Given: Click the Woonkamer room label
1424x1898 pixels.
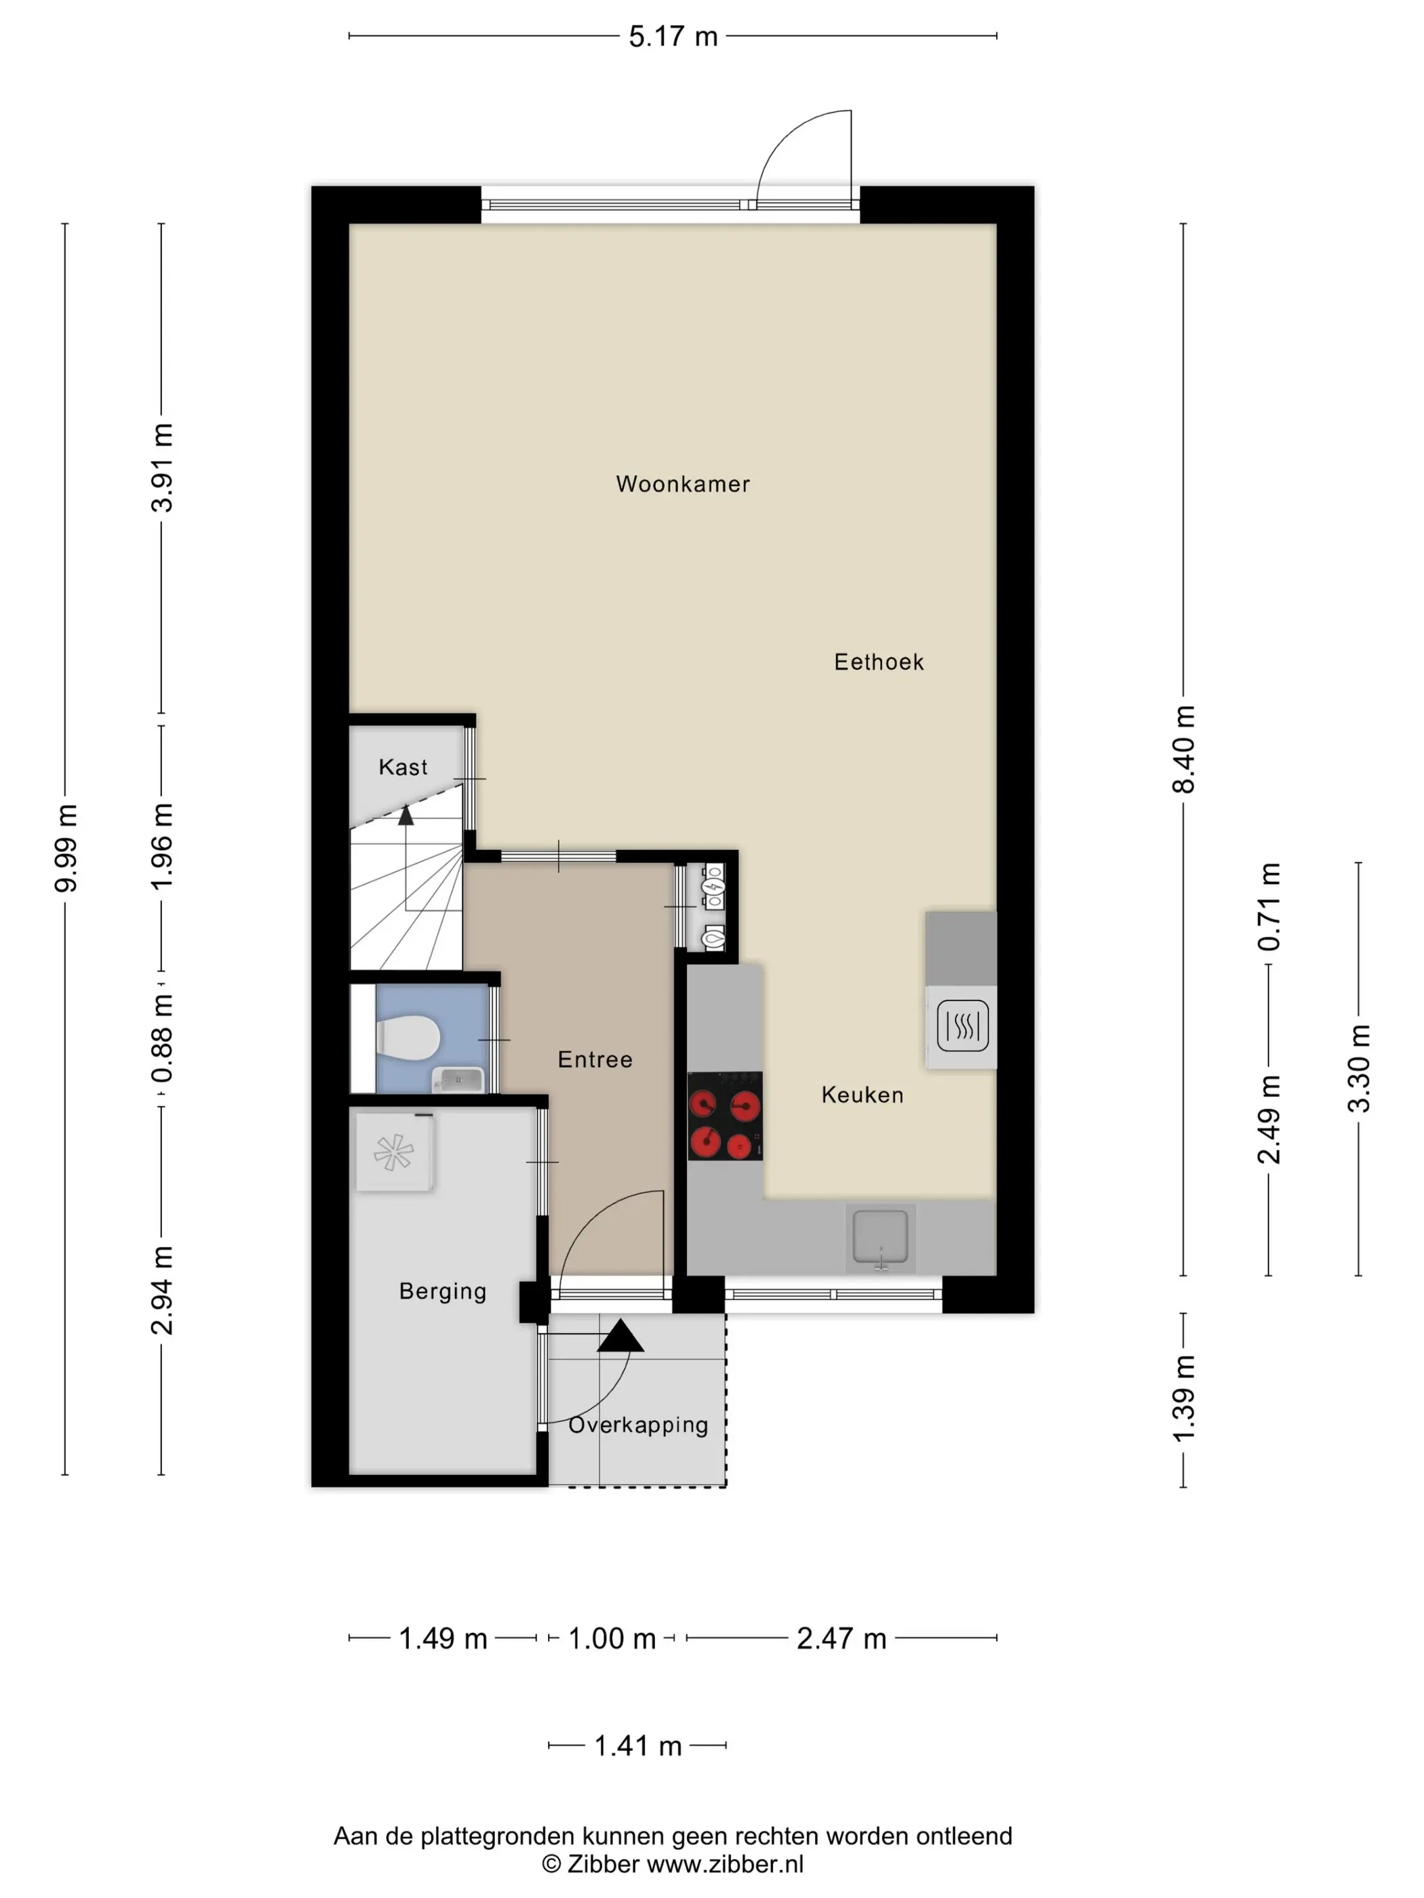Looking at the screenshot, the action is pyautogui.click(x=682, y=484).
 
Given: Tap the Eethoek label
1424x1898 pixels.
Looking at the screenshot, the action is pyautogui.click(x=879, y=662).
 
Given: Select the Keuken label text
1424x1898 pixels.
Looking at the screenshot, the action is pyautogui.click(x=863, y=1095).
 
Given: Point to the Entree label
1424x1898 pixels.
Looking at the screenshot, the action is pyautogui.click(x=595, y=1059).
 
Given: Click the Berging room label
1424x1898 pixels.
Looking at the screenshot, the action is pyautogui.click(x=443, y=1291).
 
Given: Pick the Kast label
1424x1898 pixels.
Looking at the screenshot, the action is pyautogui.click(x=403, y=767).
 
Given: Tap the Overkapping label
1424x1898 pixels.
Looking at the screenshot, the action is pyautogui.click(x=639, y=1426).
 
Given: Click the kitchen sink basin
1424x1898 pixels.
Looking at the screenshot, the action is pyautogui.click(x=881, y=1236).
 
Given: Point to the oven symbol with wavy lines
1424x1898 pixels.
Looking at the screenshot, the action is pyautogui.click(x=962, y=1026).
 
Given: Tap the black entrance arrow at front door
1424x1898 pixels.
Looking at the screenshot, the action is pyautogui.click(x=620, y=1336).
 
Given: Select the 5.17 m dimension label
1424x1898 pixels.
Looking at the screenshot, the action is pyautogui.click(x=673, y=37).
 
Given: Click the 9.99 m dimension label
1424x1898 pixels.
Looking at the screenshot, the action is pyautogui.click(x=66, y=848).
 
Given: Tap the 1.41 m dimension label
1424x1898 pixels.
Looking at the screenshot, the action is pyautogui.click(x=638, y=1745).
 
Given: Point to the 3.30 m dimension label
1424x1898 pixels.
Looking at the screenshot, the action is pyautogui.click(x=1359, y=1069).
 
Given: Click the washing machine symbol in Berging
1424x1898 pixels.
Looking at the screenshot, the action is pyautogui.click(x=395, y=1152).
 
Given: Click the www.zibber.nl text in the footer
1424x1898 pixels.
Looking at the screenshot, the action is pyautogui.click(x=726, y=1865).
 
